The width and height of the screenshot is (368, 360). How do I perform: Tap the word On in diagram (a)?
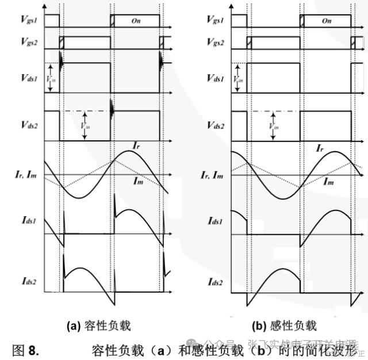click(136, 21)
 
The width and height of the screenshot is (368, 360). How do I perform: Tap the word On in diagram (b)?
click(327, 21)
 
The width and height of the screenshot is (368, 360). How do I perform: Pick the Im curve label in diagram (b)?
click(328, 182)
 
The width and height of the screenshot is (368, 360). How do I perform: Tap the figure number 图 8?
click(25, 348)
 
